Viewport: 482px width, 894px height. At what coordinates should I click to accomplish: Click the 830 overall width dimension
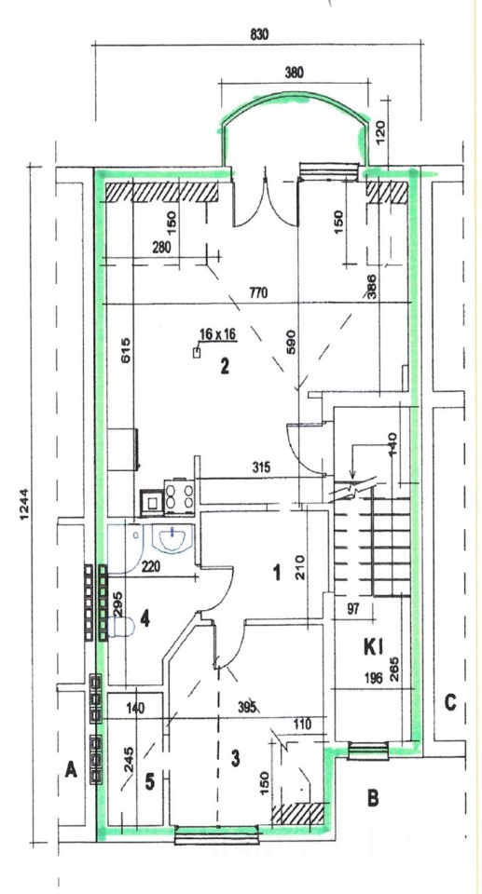click(258, 34)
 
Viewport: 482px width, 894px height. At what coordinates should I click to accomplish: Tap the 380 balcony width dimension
click(294, 73)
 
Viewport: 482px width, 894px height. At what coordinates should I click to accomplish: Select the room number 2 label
click(225, 366)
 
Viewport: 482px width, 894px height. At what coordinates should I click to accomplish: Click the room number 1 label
click(277, 572)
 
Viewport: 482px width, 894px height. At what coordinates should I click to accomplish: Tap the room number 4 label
click(145, 618)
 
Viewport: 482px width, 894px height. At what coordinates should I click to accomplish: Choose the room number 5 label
click(149, 781)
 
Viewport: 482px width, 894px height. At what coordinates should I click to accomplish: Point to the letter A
click(71, 771)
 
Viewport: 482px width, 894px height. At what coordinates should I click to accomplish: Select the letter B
click(372, 798)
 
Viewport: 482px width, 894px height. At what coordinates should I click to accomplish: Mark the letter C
click(450, 703)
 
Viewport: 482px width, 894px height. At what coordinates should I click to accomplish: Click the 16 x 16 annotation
click(217, 334)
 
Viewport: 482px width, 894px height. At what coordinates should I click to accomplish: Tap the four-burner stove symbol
click(179, 494)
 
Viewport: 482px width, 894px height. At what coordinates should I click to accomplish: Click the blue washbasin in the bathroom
click(172, 539)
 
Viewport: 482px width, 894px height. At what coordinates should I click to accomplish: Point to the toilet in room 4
click(121, 627)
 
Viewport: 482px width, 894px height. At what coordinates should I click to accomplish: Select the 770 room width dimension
click(258, 293)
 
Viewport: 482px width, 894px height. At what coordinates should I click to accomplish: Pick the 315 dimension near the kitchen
click(260, 467)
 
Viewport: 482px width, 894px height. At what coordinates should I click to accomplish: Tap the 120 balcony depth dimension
click(382, 130)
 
